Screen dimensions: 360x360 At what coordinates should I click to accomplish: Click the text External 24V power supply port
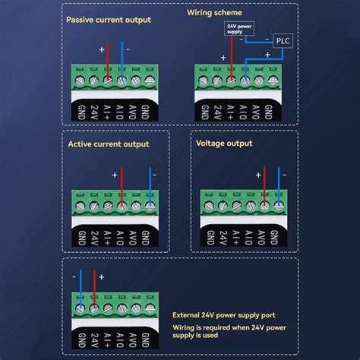(x=229, y=315)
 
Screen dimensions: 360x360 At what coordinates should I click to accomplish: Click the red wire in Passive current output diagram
(x=107, y=61)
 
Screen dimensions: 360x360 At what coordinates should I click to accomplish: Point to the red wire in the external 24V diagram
(x=93, y=289)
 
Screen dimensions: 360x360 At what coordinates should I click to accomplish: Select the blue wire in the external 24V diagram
(x=80, y=289)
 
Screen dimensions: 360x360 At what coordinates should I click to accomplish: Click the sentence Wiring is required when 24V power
(x=229, y=327)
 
